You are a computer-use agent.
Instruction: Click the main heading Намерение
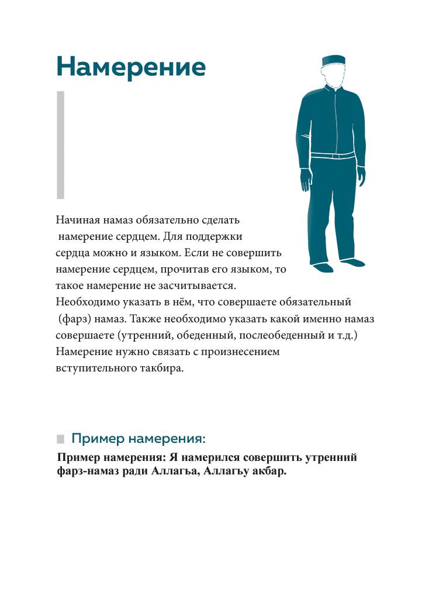coord(131,67)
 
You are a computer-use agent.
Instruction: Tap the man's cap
coord(334,60)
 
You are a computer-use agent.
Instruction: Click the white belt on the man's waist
coord(332,156)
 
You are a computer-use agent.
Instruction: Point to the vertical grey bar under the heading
coord(60,144)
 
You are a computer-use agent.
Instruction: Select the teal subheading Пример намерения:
coord(139,438)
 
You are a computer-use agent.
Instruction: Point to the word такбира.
coord(164,370)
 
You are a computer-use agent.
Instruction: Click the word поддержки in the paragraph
coord(217,237)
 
